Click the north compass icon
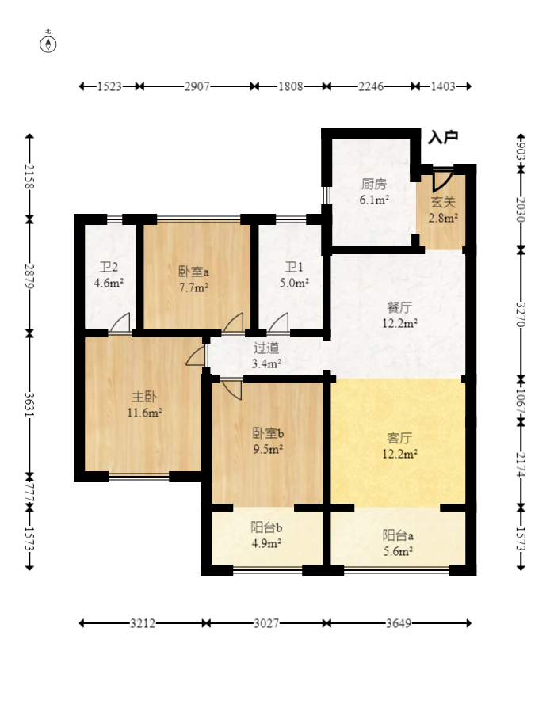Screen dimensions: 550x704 48,44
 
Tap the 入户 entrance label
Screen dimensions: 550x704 443,137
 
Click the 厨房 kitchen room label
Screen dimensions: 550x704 374,184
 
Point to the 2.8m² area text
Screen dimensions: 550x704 443,219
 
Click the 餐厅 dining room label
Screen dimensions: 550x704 399,307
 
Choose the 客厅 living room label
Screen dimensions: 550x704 399,438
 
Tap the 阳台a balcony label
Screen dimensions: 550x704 398,535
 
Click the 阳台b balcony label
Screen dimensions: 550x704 266,527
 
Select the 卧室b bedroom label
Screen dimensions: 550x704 268,433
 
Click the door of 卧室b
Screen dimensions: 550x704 231,390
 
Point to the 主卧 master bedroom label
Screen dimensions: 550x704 144,397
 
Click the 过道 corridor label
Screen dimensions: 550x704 266,348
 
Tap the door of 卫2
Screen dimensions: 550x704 120,323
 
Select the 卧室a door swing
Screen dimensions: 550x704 233,323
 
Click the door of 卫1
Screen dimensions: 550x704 279,323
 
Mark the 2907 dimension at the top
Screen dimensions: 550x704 197,86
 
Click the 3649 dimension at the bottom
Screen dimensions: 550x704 399,623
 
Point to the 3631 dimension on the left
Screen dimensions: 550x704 29,404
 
